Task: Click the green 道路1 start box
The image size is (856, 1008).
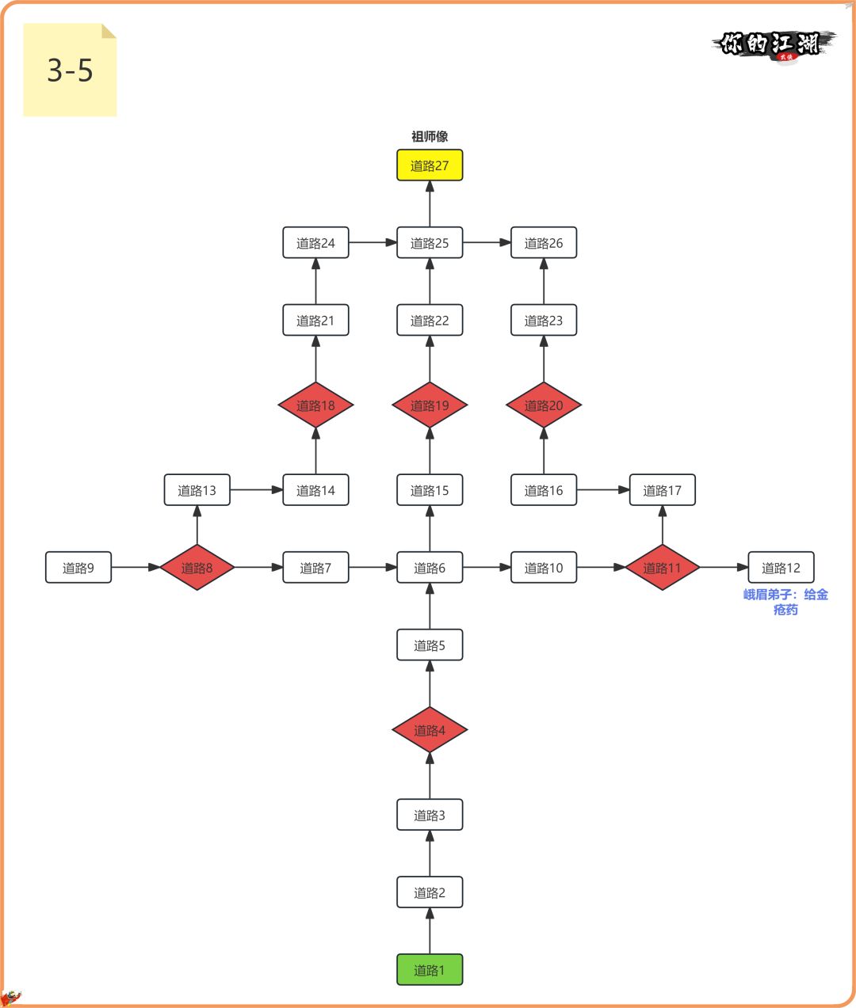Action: tap(430, 970)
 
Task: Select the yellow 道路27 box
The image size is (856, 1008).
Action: tap(430, 165)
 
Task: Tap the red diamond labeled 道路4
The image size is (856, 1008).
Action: tap(430, 730)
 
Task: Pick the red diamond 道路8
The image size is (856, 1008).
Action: tap(197, 568)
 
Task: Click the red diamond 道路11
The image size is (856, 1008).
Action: tap(663, 568)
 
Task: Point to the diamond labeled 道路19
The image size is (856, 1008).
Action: tap(430, 405)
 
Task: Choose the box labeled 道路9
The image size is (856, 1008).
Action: tap(78, 568)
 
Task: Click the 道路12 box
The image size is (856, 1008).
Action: tap(781, 568)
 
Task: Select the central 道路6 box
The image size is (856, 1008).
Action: tap(430, 568)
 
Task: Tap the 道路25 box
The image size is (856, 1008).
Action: tap(430, 243)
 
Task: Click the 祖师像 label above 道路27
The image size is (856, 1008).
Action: tap(430, 137)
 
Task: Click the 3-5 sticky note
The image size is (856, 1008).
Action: tap(70, 70)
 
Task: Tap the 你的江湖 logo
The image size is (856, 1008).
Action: tap(774, 44)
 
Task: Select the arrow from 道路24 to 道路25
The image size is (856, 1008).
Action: tap(373, 243)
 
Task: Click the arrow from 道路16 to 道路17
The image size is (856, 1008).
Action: tap(603, 490)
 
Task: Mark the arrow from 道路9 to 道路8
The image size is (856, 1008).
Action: tap(136, 568)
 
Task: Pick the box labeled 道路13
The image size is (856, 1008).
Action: tap(197, 490)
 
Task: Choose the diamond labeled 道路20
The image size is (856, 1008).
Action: tap(544, 405)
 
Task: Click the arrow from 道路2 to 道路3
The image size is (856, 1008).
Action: tap(430, 854)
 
